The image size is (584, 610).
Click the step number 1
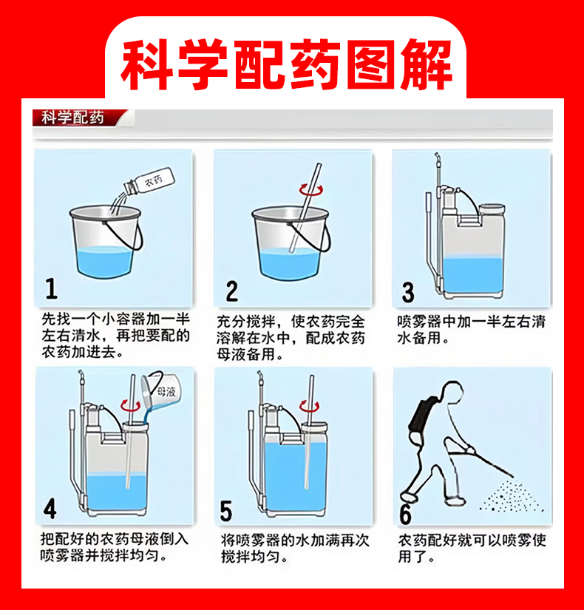pyautogui.click(x=51, y=288)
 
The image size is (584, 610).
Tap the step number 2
pyautogui.click(x=232, y=291)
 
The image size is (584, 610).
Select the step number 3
pyautogui.click(x=408, y=293)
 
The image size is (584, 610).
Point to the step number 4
pyautogui.click(x=50, y=509)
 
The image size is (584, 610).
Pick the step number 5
pyautogui.click(x=226, y=511)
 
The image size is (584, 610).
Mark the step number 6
pyautogui.click(x=405, y=515)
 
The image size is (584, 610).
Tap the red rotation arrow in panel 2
pyautogui.click(x=310, y=190)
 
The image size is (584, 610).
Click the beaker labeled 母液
pyautogui.click(x=159, y=390)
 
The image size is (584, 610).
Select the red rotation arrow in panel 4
pyautogui.click(x=130, y=405)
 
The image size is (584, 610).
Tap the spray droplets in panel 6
pyautogui.click(x=509, y=496)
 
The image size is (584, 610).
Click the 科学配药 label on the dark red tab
pyautogui.click(x=72, y=118)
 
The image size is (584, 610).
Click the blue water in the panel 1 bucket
pyautogui.click(x=105, y=262)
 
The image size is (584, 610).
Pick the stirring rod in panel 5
pyautogui.click(x=309, y=432)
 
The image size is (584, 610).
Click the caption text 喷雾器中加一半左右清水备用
pyautogui.click(x=471, y=330)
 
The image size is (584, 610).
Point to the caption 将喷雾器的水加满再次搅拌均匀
pyautogui.click(x=294, y=549)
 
